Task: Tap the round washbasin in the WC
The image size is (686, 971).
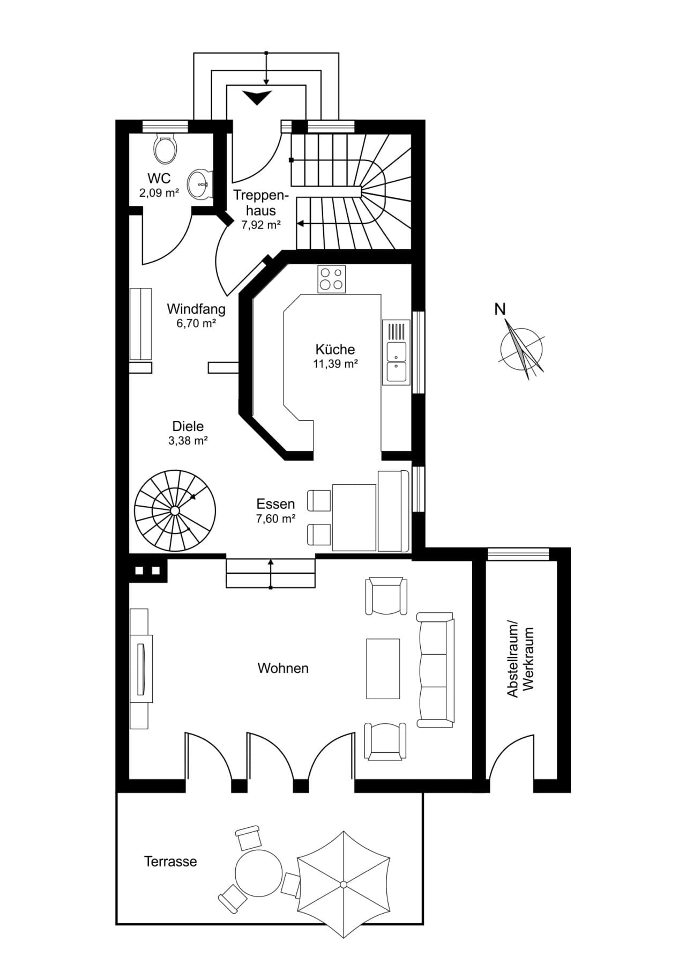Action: click(x=200, y=184)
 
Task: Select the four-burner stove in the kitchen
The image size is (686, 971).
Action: click(x=332, y=279)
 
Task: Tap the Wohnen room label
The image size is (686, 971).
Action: click(x=283, y=668)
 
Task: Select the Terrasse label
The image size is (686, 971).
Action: click(x=170, y=862)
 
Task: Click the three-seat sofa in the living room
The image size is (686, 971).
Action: click(x=436, y=670)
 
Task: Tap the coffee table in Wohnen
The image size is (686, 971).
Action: click(x=383, y=669)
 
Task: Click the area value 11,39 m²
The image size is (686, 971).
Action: click(x=335, y=364)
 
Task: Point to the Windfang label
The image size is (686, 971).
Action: click(x=196, y=309)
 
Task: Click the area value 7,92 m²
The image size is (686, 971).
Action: click(x=261, y=225)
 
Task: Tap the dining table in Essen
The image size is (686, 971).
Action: click(x=354, y=517)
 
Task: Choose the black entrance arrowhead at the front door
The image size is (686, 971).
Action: click(x=257, y=97)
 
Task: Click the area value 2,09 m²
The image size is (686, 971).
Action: click(x=159, y=192)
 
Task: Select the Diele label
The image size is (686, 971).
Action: click(x=188, y=426)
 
